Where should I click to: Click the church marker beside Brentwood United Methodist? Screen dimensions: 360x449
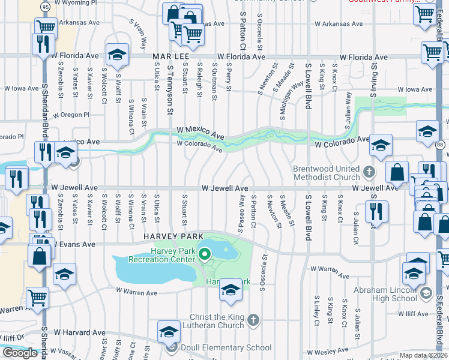coord(369,173)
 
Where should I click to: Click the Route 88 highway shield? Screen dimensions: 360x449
coord(441,145)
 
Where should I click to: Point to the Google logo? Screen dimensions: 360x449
coord(20,353)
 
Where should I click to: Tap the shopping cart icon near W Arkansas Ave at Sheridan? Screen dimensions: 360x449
coord(46,26)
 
